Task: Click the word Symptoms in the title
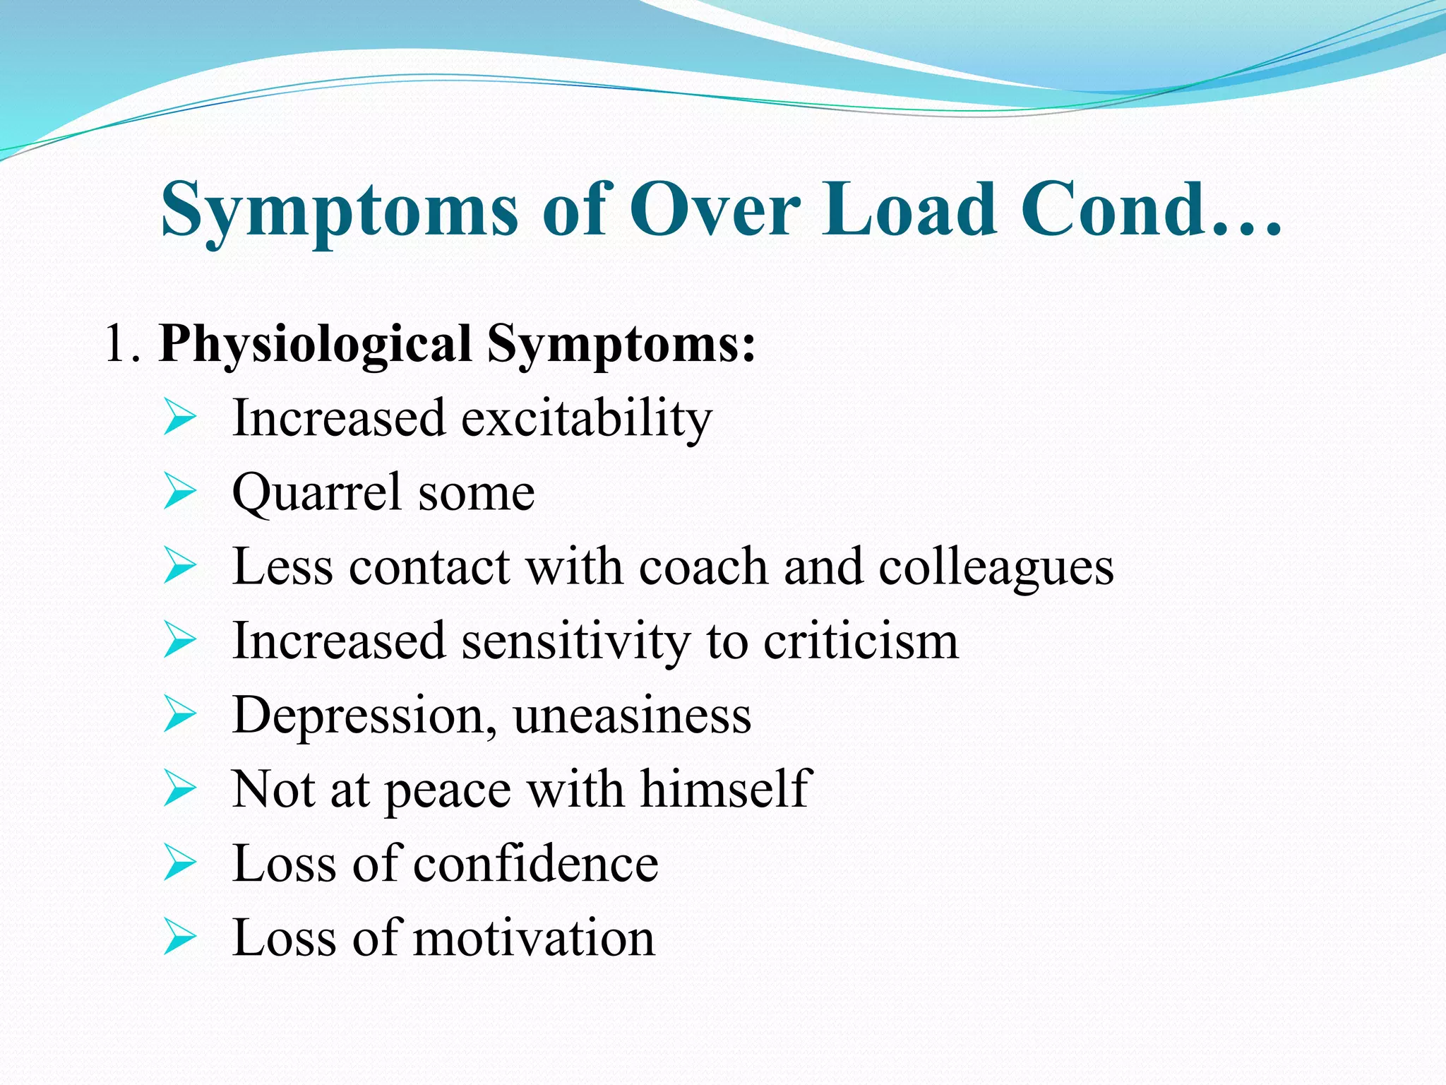339,211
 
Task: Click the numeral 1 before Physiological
116,344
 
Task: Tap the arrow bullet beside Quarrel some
179,492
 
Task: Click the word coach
703,567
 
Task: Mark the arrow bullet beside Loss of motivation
179,937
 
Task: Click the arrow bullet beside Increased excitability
179,417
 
